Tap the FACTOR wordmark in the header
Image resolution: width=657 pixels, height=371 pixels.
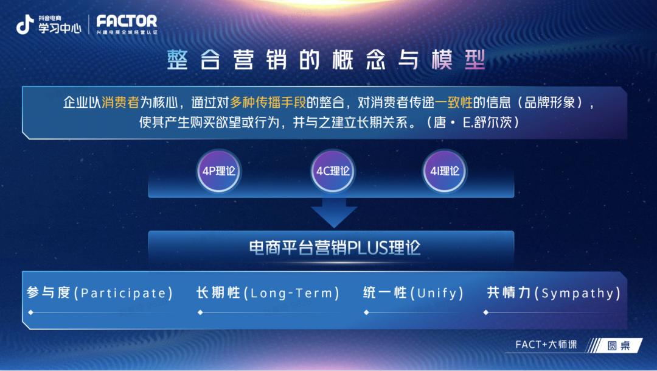(x=127, y=21)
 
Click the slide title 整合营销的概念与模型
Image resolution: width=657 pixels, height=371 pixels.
(x=327, y=61)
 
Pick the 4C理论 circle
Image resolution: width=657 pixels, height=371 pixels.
(x=333, y=171)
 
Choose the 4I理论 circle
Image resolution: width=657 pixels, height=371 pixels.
(x=445, y=171)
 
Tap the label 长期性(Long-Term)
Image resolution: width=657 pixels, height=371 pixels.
(x=268, y=293)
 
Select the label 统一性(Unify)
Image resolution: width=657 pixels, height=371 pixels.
(x=413, y=293)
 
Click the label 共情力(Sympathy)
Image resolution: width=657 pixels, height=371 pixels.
(x=554, y=293)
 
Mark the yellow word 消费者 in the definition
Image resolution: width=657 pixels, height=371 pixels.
(x=121, y=102)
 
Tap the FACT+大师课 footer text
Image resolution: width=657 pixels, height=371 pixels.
(x=546, y=345)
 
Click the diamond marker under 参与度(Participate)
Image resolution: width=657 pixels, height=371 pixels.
(x=30, y=313)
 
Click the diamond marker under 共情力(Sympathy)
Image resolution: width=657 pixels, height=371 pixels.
(x=485, y=313)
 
